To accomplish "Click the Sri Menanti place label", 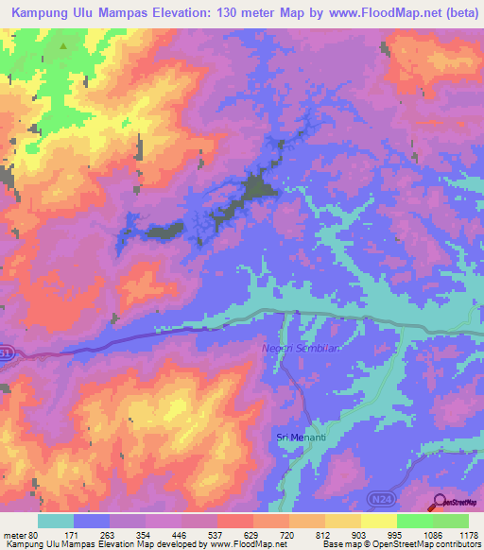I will coord(297,438).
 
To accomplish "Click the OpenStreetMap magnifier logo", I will coord(439,502).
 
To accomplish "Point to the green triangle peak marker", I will coord(62,45).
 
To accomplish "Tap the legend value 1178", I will coord(470,534).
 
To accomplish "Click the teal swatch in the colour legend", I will coord(56,521).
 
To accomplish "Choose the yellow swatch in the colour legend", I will coord(378,521).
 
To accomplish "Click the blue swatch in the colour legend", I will coord(92,521).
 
